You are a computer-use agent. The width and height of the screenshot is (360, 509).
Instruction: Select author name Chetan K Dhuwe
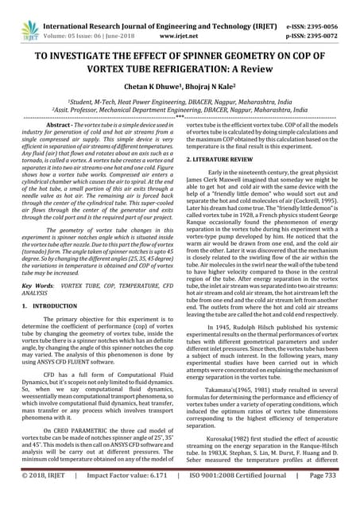154,82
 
